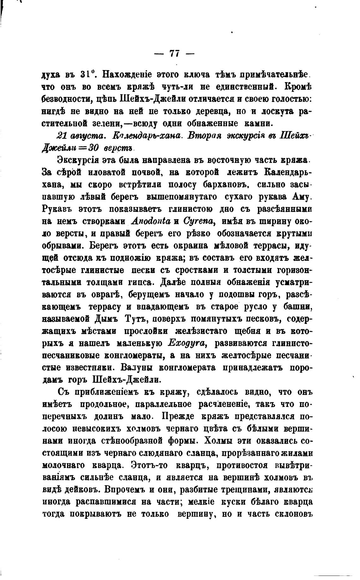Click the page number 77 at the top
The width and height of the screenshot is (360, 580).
coord(174,53)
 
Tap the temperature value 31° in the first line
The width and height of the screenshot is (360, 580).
coord(86,75)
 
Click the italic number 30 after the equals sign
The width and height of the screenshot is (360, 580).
coord(99,147)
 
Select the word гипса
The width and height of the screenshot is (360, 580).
coord(145,282)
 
